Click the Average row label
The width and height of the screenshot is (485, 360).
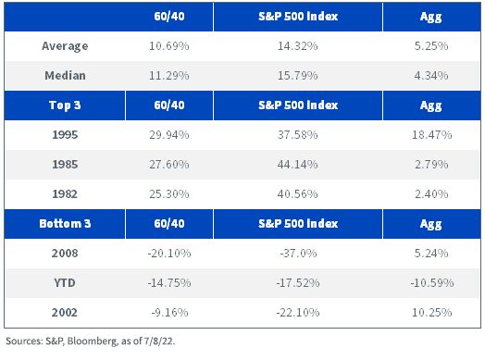pyautogui.click(x=65, y=46)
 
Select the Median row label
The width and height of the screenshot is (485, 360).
pyautogui.click(x=65, y=76)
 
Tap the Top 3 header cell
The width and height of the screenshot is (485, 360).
pyautogui.click(x=65, y=106)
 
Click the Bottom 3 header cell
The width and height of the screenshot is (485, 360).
pyautogui.click(x=65, y=224)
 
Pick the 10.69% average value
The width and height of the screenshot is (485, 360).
pyautogui.click(x=169, y=46)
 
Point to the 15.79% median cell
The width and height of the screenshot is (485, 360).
pyautogui.click(x=297, y=76)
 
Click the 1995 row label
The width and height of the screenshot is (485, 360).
pyautogui.click(x=65, y=135)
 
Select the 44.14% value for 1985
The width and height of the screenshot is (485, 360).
pyautogui.click(x=297, y=164)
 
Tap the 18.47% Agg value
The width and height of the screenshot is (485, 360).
pyautogui.click(x=431, y=135)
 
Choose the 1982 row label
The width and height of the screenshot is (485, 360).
pyautogui.click(x=65, y=194)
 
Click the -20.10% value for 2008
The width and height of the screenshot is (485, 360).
pyautogui.click(x=169, y=254)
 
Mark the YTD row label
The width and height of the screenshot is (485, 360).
pyautogui.click(x=65, y=282)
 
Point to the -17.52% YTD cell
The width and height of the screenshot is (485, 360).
pyautogui.click(x=297, y=282)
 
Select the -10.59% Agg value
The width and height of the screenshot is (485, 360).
pyautogui.click(x=432, y=282)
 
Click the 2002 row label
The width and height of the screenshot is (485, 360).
pyautogui.click(x=65, y=313)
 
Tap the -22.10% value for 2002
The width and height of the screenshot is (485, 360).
pyautogui.click(x=297, y=313)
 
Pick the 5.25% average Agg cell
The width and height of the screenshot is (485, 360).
pyautogui.click(x=431, y=46)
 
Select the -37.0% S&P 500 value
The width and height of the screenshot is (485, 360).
pyautogui.click(x=298, y=254)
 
